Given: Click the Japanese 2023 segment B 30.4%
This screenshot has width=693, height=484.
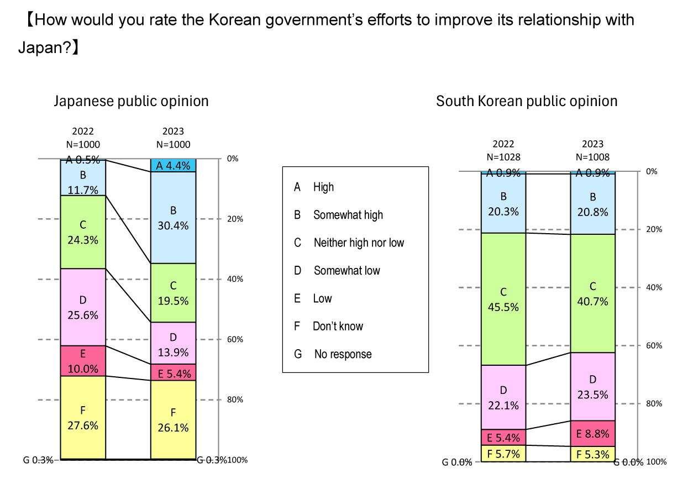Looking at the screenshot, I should coord(173,218).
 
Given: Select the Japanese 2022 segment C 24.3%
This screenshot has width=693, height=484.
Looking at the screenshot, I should coord(83,232).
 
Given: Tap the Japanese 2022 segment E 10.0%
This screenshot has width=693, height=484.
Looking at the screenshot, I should coord(83,361).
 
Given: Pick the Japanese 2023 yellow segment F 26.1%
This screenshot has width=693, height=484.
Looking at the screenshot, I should coord(173,419).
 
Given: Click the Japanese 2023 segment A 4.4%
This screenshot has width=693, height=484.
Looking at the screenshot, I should coord(173,165).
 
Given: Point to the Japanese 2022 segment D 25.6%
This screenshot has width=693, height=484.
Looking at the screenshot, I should coord(83,307).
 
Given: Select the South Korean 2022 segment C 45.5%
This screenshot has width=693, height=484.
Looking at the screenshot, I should coord(503,299).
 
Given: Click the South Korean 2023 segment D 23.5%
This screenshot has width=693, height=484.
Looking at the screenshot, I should coord(592,386).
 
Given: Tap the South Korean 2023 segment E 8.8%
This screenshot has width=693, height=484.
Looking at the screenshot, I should coord(592,434).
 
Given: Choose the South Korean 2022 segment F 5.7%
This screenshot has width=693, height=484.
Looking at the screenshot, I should coord(503,454).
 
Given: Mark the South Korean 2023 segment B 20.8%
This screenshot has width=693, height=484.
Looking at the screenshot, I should coord(592,204).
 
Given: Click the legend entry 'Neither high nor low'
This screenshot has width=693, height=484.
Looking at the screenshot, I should coord(359,243).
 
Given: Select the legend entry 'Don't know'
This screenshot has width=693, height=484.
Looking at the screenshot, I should coord(338,326).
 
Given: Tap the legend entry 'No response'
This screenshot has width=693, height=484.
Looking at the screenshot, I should coord(343,354).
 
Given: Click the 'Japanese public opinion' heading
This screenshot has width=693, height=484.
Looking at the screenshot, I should coord(131,101).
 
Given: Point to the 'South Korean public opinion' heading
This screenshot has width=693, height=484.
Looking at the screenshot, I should coord(527,101).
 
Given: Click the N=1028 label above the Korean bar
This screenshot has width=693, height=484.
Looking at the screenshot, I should coord(503,157).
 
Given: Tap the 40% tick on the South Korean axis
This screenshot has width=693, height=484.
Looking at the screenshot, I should coord(654,287).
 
